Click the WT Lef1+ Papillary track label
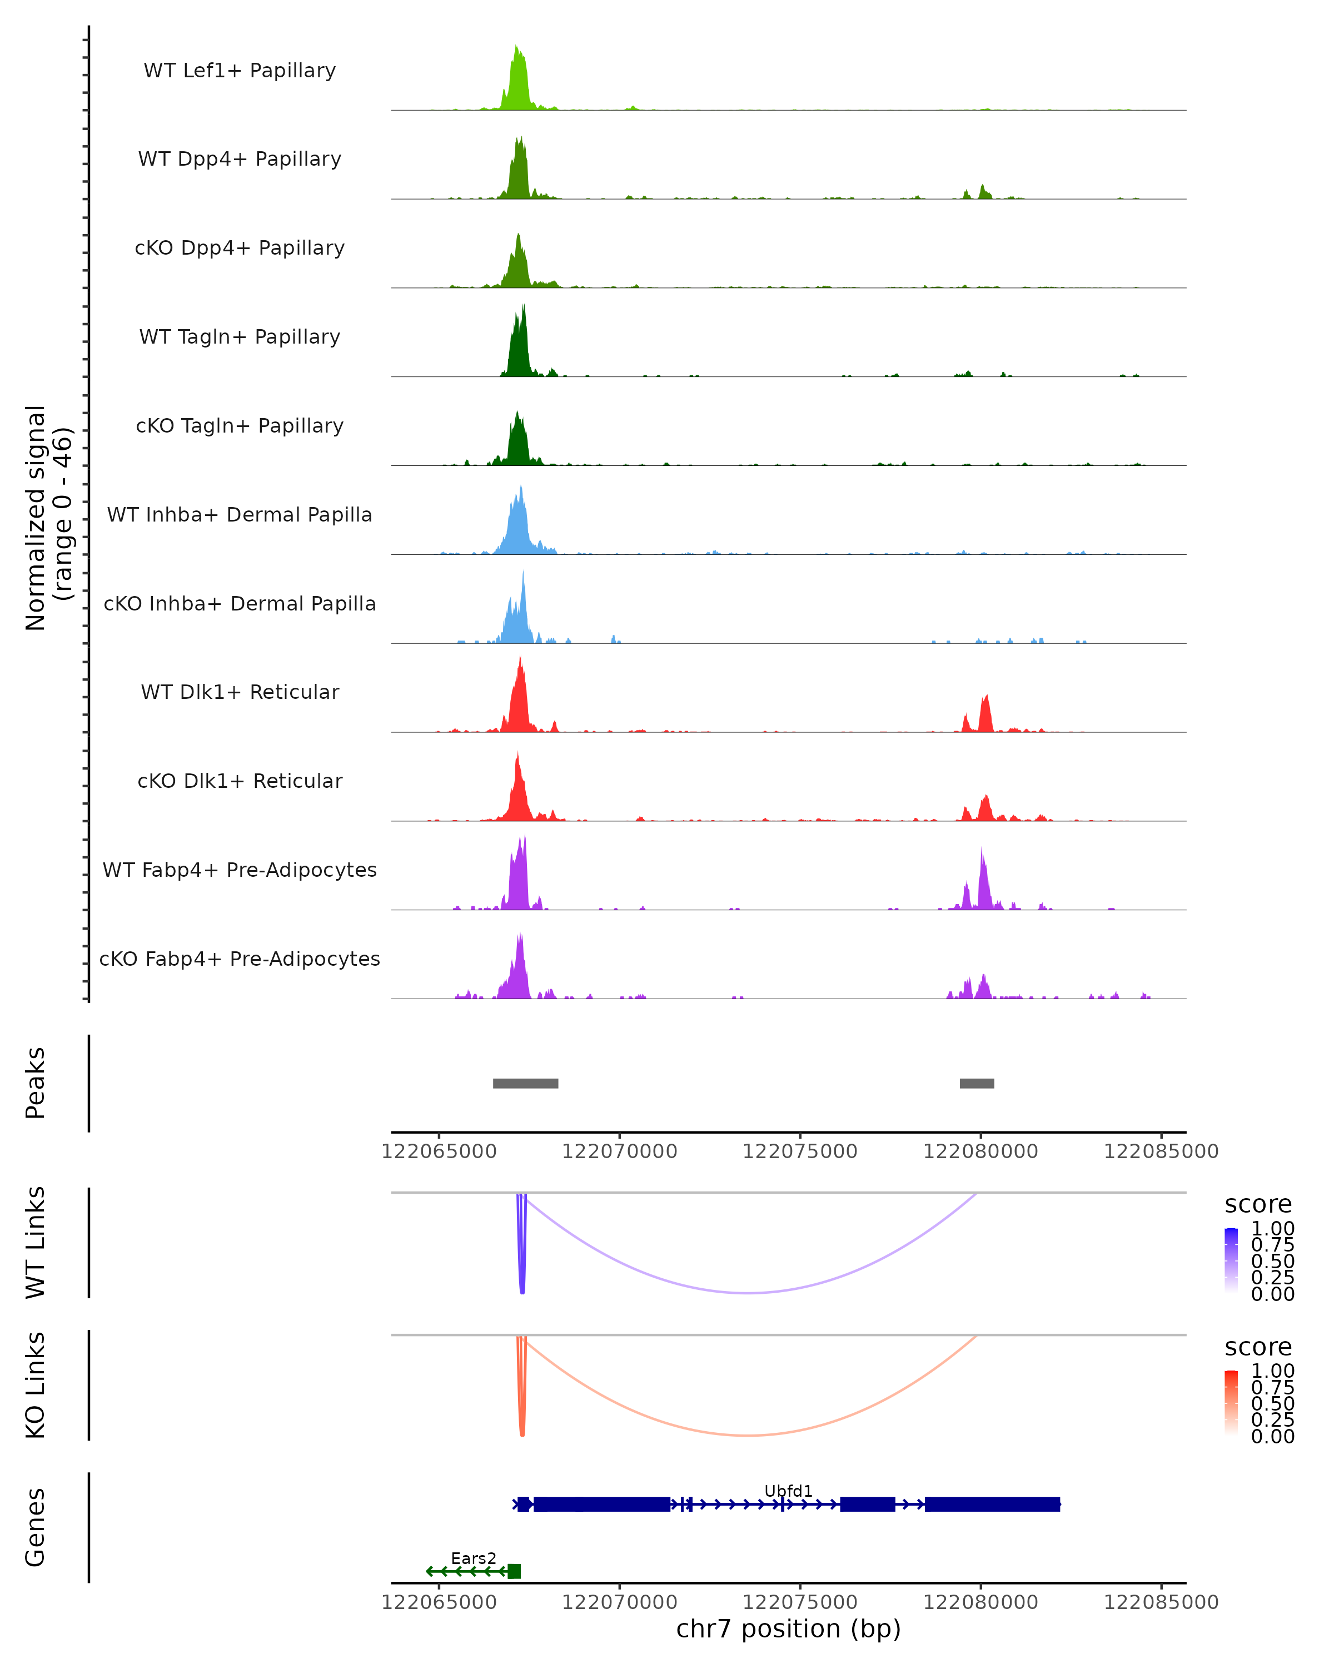tap(240, 71)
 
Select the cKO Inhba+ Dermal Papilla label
tap(240, 603)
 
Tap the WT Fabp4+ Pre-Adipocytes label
tap(240, 870)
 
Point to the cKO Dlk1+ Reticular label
tap(240, 781)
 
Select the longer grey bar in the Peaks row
tap(525, 1083)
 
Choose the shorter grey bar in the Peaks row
tap(977, 1083)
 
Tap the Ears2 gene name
tap(473, 1558)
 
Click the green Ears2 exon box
tap(514, 1571)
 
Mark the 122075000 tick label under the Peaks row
tap(800, 1151)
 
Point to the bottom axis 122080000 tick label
tap(980, 1601)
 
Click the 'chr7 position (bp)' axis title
tap(788, 1629)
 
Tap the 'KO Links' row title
tap(36, 1385)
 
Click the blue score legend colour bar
tap(1231, 1259)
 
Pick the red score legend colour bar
tap(1231, 1402)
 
